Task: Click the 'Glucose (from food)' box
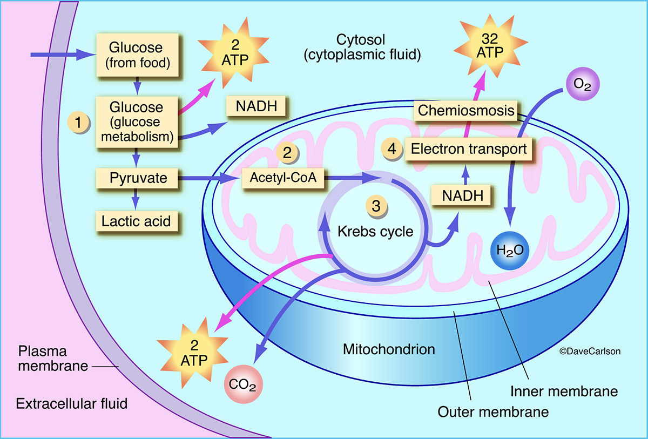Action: pyautogui.click(x=137, y=55)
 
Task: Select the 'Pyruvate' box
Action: pyautogui.click(x=137, y=178)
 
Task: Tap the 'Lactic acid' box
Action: pyautogui.click(x=137, y=221)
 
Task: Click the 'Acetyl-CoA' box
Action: pyautogui.click(x=283, y=178)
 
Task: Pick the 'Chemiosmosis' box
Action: pyautogui.click(x=465, y=111)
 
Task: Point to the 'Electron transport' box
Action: pyautogui.click(x=468, y=149)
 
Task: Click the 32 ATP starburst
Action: pyautogui.click(x=490, y=46)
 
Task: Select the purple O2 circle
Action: pyautogui.click(x=582, y=84)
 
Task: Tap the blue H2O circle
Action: pyautogui.click(x=510, y=251)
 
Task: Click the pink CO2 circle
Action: pyautogui.click(x=244, y=384)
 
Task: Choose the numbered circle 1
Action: pyautogui.click(x=78, y=123)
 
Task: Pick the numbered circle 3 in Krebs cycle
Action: pyautogui.click(x=376, y=206)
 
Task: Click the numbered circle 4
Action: pyautogui.click(x=392, y=149)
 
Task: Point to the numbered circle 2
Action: pyautogui.click(x=287, y=152)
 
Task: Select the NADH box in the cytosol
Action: pyautogui.click(x=256, y=106)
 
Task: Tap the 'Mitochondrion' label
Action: pyautogui.click(x=389, y=349)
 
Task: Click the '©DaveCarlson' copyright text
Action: pyautogui.click(x=590, y=351)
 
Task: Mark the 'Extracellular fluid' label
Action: pyautogui.click(x=72, y=404)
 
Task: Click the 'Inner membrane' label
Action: pyautogui.click(x=564, y=391)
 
